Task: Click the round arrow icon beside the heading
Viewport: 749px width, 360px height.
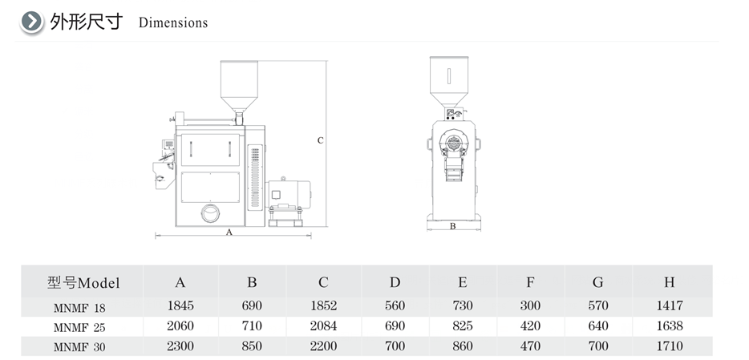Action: tap(31, 22)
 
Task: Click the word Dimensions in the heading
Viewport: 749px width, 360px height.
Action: tap(173, 22)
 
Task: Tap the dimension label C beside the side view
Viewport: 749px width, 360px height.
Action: tap(321, 140)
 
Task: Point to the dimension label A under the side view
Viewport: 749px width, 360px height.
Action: tap(229, 232)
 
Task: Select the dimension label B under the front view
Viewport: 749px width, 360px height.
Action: tap(453, 226)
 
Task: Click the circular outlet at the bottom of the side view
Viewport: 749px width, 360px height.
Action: tap(210, 213)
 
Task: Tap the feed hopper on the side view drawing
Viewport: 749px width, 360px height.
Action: tap(239, 86)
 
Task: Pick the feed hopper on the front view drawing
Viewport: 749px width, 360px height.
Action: tap(449, 81)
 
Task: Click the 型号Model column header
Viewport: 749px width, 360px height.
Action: tap(83, 283)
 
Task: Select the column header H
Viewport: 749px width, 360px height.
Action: tap(670, 282)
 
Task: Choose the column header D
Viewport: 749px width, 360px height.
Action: tap(395, 282)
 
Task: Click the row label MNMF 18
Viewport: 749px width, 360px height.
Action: tap(79, 308)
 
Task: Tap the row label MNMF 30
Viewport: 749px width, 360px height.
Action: tap(79, 347)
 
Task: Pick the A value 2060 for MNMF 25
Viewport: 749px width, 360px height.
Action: tap(180, 326)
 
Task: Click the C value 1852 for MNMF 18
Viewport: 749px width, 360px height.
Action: tap(323, 305)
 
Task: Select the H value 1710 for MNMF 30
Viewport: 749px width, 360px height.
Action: tap(670, 346)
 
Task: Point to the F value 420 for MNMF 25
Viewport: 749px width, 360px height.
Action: tap(530, 326)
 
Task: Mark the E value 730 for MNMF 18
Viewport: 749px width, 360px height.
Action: tap(463, 305)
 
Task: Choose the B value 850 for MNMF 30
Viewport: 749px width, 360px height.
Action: tap(252, 346)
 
